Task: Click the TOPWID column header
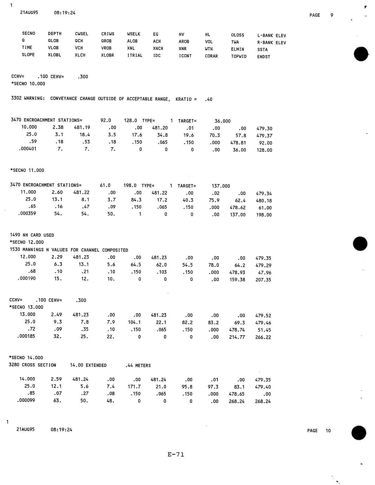coord(239,56)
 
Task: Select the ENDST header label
coord(264,57)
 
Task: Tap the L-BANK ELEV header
coord(271,35)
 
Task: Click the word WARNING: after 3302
coord(34,98)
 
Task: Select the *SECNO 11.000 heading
coord(27,170)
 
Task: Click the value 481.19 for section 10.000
coord(82,127)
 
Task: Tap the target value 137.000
coord(221,186)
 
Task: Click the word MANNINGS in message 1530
coord(32,250)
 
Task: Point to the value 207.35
coord(263,280)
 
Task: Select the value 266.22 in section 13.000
coord(263,337)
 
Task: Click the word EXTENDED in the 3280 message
coord(96,365)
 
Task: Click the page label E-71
coord(176,454)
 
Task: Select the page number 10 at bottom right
coord(328,431)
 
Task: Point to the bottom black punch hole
coord(359,433)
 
